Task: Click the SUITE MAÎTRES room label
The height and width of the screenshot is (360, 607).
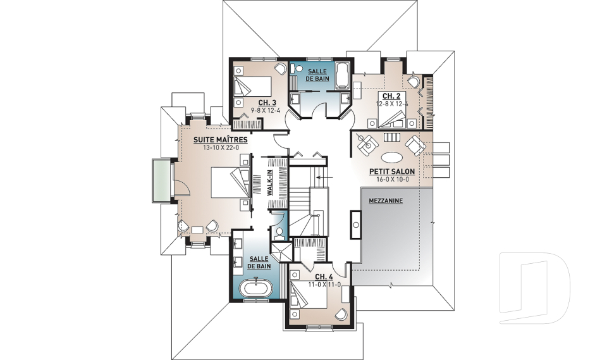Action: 220,139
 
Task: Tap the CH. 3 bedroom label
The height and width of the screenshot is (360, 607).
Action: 267,102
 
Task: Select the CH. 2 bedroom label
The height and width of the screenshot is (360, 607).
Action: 391,96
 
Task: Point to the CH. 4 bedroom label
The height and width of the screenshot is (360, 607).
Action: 324,276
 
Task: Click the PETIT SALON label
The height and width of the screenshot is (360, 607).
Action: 392,171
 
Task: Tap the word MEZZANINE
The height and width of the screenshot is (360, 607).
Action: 386,201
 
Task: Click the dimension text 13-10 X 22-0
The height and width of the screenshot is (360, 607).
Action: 220,147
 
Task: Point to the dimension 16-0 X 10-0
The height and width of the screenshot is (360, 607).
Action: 392,180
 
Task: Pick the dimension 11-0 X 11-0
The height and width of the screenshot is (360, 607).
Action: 324,285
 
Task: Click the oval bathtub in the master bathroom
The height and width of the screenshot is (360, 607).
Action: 256,289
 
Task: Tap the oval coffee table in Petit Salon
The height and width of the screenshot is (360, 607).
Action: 392,158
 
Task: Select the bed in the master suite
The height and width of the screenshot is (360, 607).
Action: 230,182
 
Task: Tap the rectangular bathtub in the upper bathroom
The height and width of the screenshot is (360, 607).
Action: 342,75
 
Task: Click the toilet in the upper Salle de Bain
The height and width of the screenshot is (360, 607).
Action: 297,69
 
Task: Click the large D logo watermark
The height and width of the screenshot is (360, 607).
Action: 534,288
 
